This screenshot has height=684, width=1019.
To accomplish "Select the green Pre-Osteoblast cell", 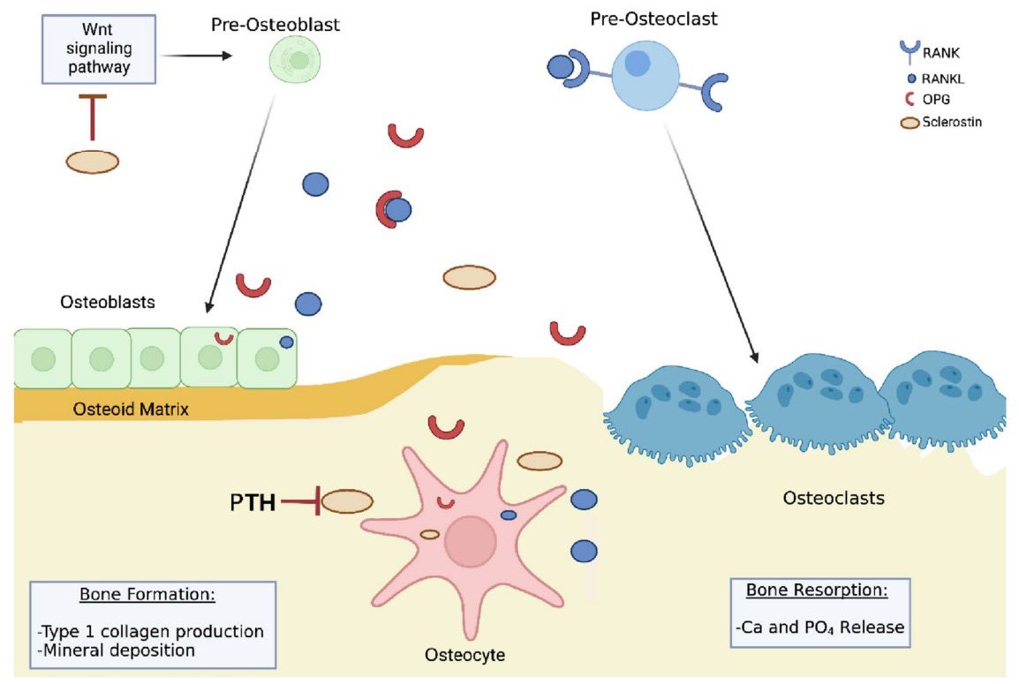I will pos(299,60).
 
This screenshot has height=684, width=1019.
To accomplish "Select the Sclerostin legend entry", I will pos(951,123).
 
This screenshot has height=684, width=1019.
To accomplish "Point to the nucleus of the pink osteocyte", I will pos(470,541).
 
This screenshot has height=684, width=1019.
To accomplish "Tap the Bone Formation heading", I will pos(147,594).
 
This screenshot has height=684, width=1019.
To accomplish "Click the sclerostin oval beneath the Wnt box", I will pos(93,162).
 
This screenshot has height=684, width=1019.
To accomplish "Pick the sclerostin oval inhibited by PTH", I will pos(346,502).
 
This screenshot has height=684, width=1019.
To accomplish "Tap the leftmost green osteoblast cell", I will pos(42,358).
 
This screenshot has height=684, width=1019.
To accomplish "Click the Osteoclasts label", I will pos(833,499).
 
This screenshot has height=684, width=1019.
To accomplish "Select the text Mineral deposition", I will pos(116,650).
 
